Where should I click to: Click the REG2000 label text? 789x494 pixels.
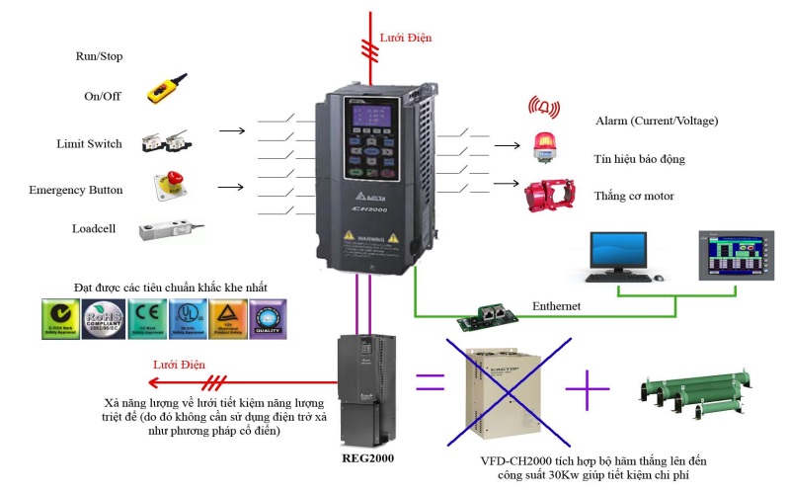pos(368,457)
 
